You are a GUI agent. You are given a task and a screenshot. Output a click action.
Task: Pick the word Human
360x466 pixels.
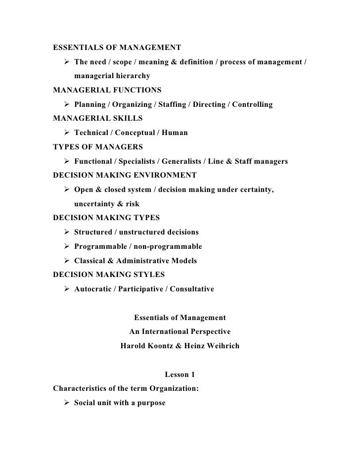pos(176,133)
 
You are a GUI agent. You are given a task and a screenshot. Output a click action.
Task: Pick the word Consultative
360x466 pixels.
pos(192,289)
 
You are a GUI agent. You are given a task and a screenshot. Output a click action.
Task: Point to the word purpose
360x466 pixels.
pos(149,403)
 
